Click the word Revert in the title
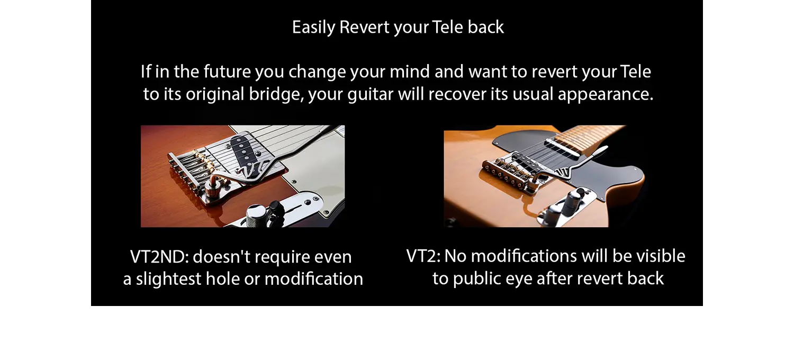(x=364, y=28)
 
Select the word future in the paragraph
(x=227, y=71)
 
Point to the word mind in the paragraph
(x=409, y=71)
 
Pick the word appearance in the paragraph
(x=606, y=95)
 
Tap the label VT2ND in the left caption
(x=159, y=257)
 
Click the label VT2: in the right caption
(x=423, y=256)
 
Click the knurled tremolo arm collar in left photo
(x=215, y=192)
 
